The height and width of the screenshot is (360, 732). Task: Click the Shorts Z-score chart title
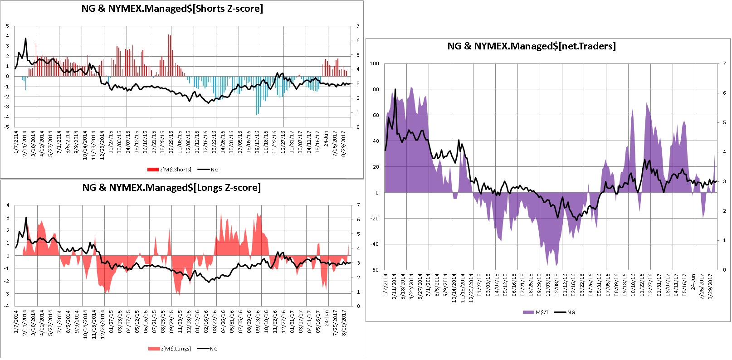172,9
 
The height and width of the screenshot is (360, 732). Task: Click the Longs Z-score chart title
171,188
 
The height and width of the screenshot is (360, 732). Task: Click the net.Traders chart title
532,46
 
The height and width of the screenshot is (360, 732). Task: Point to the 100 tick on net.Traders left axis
374,63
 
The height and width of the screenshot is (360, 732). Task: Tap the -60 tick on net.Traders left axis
374,270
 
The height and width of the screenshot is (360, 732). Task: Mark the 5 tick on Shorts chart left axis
7,26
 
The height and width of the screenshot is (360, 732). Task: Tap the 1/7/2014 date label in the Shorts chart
16,142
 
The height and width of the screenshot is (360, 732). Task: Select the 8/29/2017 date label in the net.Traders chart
710,286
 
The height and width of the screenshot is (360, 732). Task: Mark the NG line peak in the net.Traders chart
395,89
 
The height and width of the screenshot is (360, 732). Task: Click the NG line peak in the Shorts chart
26,39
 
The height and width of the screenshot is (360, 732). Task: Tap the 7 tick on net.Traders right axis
724,63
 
